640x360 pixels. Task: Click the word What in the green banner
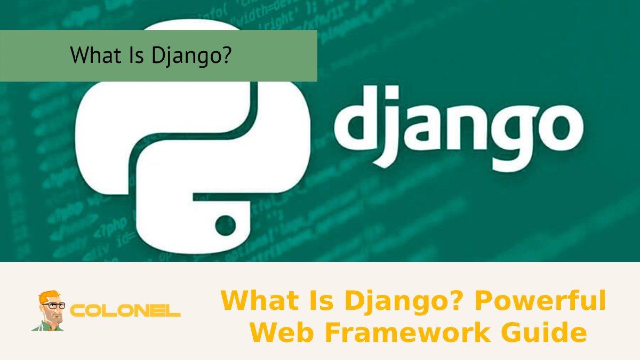click(91, 55)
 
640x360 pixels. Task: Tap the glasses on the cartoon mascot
click(53, 306)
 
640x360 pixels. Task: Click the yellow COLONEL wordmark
click(126, 311)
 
